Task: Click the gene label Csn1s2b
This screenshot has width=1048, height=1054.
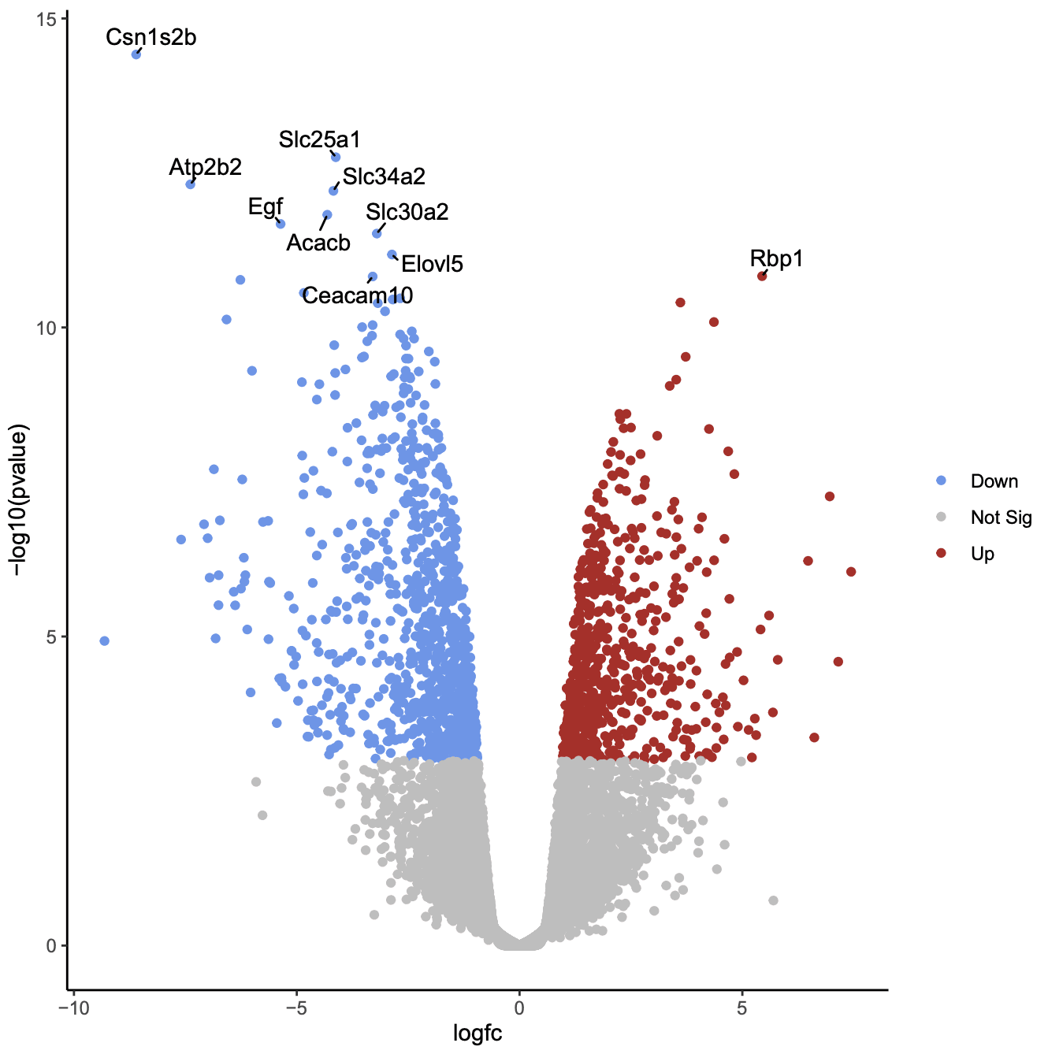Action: tap(151, 37)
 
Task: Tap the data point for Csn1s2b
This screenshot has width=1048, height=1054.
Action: tap(136, 54)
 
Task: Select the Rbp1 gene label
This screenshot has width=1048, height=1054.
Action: tap(776, 258)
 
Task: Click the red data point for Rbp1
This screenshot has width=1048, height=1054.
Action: tap(762, 276)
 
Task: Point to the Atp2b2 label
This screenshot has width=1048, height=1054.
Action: tap(205, 167)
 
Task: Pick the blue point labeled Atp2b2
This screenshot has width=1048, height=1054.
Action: tap(190, 184)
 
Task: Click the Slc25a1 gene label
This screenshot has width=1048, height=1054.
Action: tap(319, 139)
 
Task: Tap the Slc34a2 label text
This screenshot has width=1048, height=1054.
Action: tap(384, 176)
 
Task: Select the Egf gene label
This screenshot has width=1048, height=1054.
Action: tap(265, 206)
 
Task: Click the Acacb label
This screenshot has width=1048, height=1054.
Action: tap(318, 243)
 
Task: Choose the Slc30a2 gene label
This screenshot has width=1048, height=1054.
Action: tap(407, 212)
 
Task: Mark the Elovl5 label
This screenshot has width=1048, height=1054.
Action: tap(432, 264)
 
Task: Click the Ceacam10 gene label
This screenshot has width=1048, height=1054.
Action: tap(357, 295)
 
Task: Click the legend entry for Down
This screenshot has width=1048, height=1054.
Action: tap(994, 481)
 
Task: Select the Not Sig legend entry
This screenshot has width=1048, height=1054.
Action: tap(1001, 518)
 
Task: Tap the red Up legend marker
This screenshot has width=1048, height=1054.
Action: tap(941, 554)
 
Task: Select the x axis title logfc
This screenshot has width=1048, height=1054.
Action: tap(478, 1034)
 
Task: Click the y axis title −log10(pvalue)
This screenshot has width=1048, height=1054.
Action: tap(19, 501)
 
